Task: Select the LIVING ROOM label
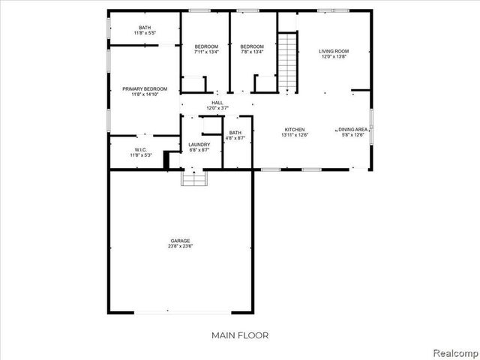tap(334, 51)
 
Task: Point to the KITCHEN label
tap(293, 129)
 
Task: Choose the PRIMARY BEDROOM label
tap(145, 88)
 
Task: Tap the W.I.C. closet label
tap(141, 149)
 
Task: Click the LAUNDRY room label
tap(199, 144)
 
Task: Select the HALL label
tap(217, 103)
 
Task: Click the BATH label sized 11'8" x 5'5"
tap(144, 28)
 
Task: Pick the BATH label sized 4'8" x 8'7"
tap(235, 133)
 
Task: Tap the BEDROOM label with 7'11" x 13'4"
tap(206, 46)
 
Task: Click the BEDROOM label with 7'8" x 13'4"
tap(252, 46)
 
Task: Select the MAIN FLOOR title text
tap(241, 335)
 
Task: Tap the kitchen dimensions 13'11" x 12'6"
tap(293, 135)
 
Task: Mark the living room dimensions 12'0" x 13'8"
tap(334, 57)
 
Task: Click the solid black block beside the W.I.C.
tap(169, 160)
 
